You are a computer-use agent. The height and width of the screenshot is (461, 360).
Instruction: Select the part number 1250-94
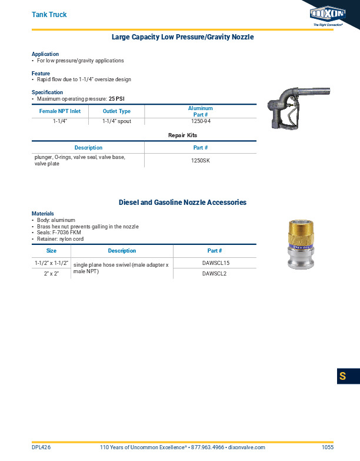click(x=201, y=121)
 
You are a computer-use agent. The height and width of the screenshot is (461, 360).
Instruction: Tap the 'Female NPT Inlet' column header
click(x=59, y=111)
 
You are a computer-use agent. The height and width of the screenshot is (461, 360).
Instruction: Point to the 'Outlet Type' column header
click(x=116, y=111)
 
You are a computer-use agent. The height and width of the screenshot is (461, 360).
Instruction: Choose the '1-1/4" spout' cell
click(x=116, y=121)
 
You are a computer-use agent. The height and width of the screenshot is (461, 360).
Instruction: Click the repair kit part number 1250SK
click(x=201, y=161)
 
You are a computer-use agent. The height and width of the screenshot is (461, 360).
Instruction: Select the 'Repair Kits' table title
click(x=182, y=135)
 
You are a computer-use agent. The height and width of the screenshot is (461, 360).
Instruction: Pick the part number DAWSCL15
click(x=215, y=263)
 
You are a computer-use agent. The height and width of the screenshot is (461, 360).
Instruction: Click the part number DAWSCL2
click(x=215, y=274)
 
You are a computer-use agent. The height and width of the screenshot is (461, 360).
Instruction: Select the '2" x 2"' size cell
click(x=51, y=274)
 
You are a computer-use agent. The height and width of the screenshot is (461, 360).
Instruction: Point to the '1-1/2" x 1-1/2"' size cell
click(x=51, y=263)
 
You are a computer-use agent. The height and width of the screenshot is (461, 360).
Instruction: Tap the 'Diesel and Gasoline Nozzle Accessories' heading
click(x=182, y=203)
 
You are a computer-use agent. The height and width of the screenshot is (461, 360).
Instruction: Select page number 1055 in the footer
click(x=328, y=447)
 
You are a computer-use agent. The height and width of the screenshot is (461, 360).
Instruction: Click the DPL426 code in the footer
click(x=41, y=447)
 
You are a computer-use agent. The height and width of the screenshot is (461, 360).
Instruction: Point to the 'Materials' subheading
click(x=42, y=213)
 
